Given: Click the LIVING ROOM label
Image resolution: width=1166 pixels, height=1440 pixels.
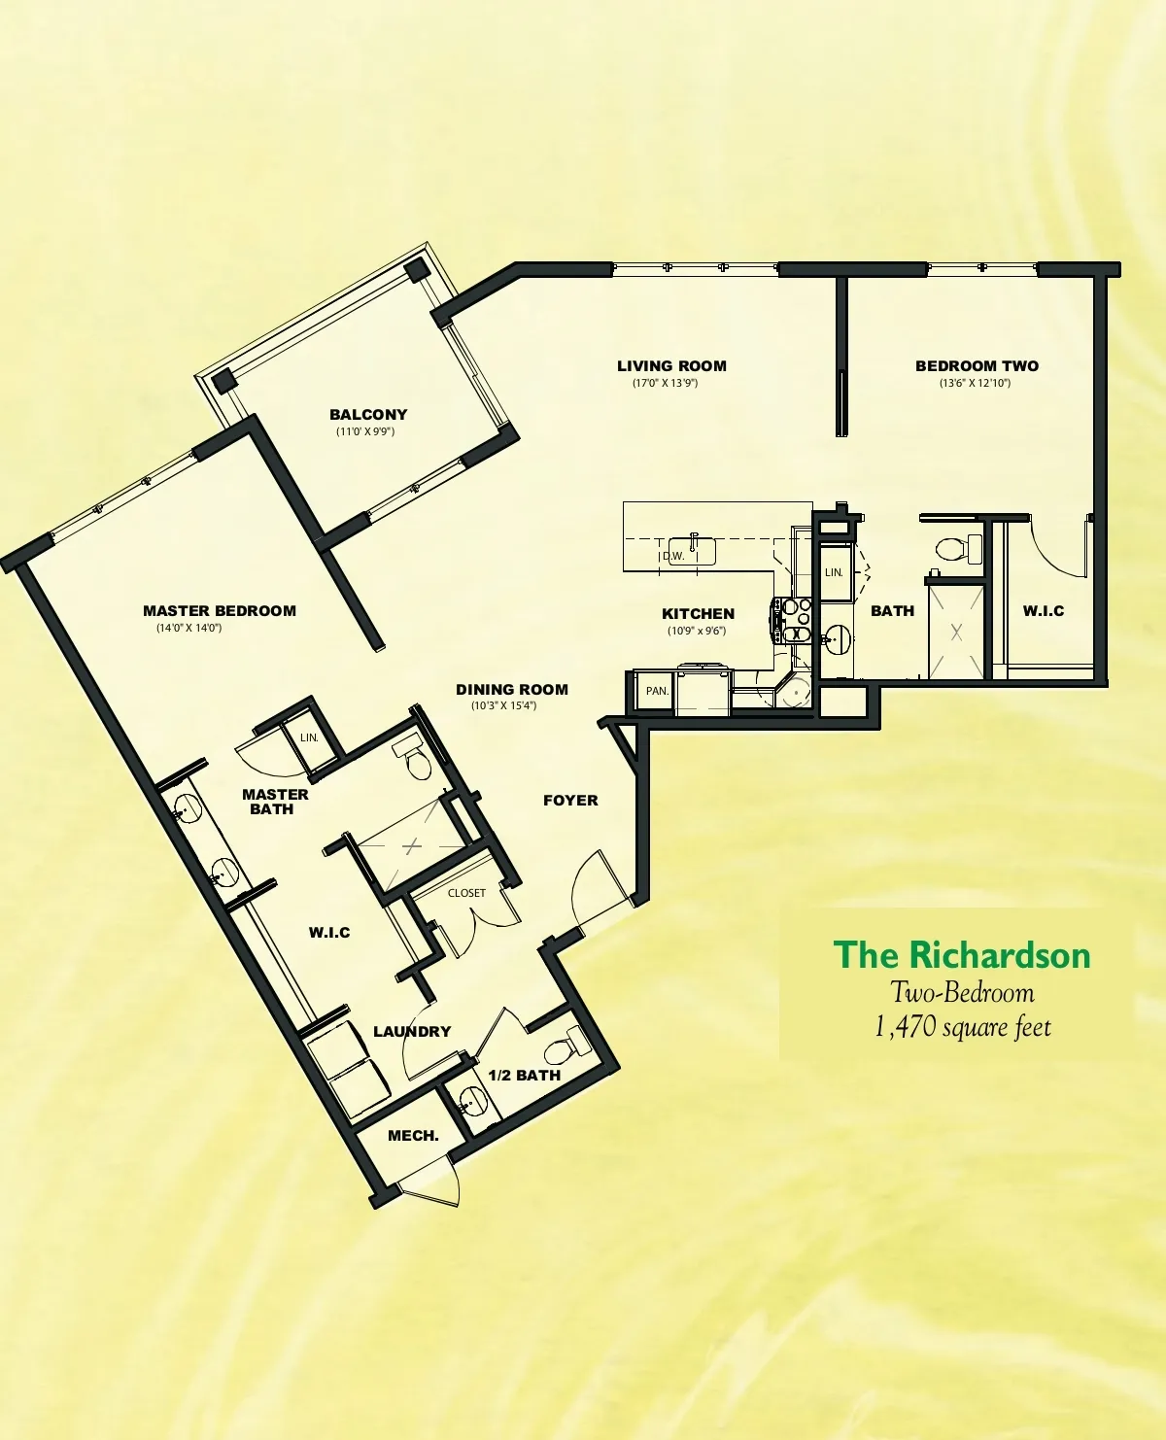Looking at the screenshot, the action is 671,365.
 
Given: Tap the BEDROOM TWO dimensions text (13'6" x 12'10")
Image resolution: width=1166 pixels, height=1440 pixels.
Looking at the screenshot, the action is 975,383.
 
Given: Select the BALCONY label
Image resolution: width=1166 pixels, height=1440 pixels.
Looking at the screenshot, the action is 368,415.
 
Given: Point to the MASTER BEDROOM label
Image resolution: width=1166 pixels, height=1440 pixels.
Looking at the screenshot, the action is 220,610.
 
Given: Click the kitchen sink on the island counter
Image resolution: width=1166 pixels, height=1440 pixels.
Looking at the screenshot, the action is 692,550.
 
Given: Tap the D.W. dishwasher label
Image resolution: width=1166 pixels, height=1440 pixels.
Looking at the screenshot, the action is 673,556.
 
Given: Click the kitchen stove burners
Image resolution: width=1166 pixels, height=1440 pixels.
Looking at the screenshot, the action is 795,611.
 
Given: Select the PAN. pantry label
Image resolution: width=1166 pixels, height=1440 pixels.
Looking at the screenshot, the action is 657,691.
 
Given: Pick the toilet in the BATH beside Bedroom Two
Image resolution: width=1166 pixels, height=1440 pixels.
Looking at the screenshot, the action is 959,548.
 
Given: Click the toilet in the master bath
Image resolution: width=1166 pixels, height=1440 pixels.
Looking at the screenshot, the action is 414,759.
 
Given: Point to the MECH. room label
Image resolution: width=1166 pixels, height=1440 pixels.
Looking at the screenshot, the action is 413,1136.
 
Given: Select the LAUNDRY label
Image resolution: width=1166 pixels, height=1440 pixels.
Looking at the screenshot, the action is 412,1031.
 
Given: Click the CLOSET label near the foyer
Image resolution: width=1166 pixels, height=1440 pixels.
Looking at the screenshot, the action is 466,892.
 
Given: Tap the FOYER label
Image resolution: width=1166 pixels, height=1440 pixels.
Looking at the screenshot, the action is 570,800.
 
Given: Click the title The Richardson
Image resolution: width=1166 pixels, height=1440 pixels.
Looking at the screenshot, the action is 962,954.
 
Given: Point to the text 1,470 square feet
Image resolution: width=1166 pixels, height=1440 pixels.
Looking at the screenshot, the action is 963,1027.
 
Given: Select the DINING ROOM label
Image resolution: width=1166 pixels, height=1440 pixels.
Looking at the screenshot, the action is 512,690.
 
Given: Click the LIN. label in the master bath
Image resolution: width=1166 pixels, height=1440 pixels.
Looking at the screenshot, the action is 309,737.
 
